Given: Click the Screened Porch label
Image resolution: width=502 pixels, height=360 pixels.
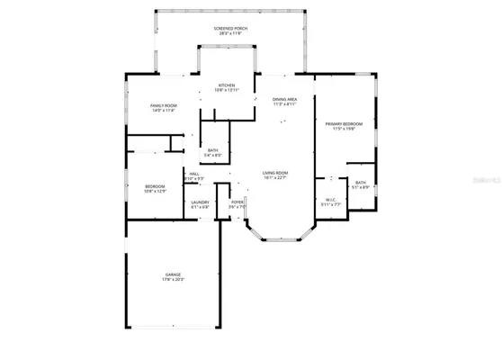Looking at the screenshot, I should click(231, 29).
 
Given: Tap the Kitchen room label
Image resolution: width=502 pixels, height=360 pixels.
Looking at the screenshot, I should click(227, 85).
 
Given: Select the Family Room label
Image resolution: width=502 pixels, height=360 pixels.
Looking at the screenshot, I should click(163, 105).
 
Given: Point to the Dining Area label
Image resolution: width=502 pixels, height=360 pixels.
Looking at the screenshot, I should click(286, 99).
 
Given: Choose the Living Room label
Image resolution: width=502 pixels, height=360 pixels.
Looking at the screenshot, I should click(274, 172).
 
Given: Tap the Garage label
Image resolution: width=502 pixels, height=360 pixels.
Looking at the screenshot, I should click(173, 274).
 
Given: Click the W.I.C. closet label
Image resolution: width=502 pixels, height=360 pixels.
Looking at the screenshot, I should click(331, 200).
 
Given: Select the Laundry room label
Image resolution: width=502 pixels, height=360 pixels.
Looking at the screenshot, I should click(200, 202).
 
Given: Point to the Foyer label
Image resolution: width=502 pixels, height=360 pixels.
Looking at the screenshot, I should click(238, 202).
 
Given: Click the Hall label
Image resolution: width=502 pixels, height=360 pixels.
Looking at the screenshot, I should click(193, 174).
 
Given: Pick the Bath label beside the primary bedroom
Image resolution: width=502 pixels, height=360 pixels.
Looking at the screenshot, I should click(360, 183).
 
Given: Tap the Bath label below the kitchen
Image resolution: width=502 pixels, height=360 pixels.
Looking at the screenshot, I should click(212, 150).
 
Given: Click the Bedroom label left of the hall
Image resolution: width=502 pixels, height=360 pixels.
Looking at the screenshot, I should click(156, 186).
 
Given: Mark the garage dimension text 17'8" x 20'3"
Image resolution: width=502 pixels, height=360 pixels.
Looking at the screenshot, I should click(173, 279).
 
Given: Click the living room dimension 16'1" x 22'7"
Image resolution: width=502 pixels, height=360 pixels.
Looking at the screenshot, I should click(274, 177).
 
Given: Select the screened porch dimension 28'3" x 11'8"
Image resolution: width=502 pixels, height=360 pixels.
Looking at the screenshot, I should click(231, 34).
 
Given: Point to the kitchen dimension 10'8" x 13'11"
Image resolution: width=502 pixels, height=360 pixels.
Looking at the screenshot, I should click(227, 91).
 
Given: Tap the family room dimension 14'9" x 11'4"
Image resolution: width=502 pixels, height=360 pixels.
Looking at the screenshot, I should click(163, 111).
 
